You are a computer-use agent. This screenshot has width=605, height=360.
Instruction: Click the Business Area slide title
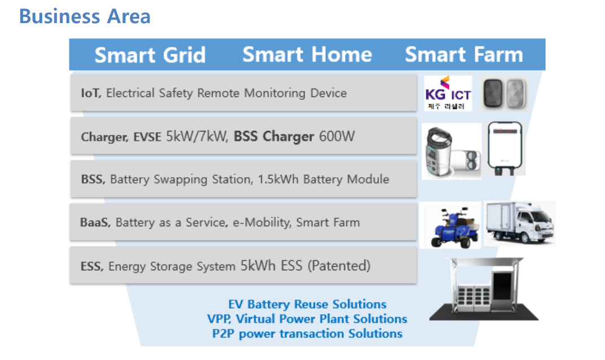85,16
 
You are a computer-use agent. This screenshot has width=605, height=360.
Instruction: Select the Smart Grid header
150,55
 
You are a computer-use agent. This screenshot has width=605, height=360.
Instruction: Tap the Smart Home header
307,54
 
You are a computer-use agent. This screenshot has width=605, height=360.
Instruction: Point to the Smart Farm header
464,54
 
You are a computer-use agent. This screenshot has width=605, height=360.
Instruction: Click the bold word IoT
91,93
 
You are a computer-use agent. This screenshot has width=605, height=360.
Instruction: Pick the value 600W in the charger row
337,136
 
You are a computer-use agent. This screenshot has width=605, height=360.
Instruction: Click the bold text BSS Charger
274,137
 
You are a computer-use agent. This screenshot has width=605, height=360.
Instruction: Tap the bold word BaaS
95,222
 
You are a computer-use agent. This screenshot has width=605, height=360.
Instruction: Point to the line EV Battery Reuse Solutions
307,304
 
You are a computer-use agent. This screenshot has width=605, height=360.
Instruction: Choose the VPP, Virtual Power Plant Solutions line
307,319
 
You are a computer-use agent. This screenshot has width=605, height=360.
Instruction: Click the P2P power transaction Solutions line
307,333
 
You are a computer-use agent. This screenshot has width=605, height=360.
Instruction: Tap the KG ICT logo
448,93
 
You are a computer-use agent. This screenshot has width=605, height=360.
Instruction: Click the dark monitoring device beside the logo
493,93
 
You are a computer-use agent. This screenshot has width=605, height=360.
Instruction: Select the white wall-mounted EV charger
505,148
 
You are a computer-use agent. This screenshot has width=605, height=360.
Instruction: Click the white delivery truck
520,223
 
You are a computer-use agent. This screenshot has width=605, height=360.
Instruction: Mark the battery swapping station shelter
484,289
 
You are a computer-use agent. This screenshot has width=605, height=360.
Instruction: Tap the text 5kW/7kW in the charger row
197,136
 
